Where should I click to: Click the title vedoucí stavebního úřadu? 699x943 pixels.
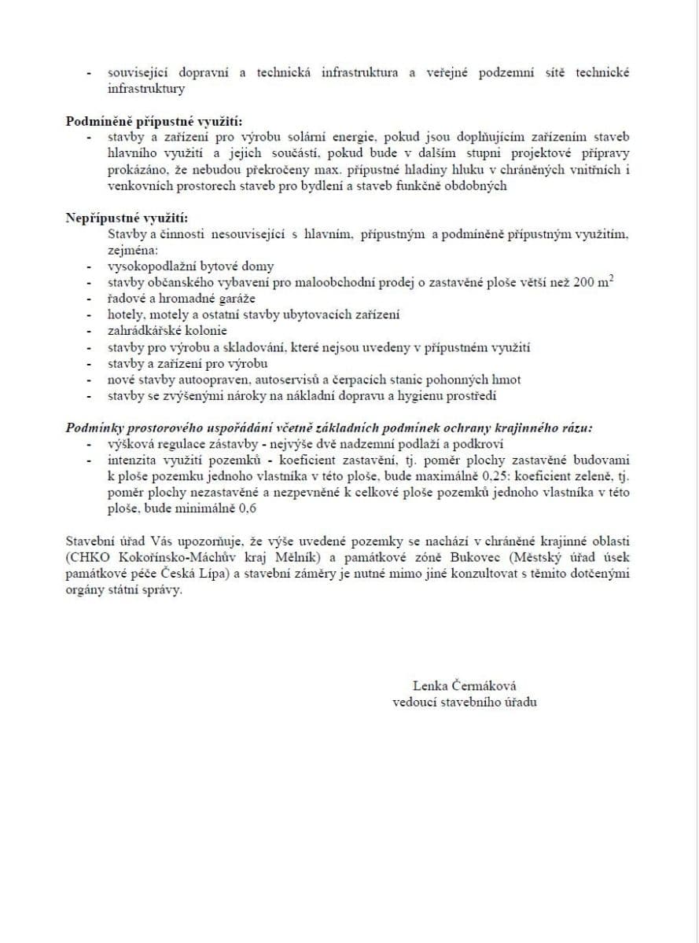[x=464, y=702]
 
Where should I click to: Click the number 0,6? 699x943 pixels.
[x=248, y=508]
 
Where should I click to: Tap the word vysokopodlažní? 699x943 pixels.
[x=146, y=267]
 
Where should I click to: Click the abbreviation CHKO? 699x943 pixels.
[x=82, y=558]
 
